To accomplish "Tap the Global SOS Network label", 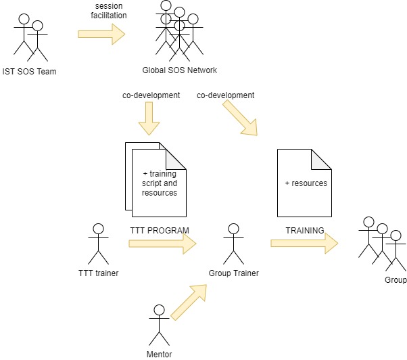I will [179, 71].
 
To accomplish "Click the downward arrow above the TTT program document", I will [149, 122].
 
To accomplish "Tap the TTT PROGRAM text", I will [160, 230].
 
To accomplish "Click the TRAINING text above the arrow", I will [305, 230].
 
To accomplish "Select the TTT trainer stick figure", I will [99, 244].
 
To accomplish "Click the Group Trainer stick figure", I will [233, 244].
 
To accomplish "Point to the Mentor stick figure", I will [159, 325].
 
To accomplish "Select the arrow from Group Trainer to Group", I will [304, 244].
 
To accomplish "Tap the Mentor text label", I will [159, 354].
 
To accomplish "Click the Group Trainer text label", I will [233, 273].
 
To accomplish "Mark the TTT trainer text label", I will [99, 273].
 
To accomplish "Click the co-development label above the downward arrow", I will [151, 95].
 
